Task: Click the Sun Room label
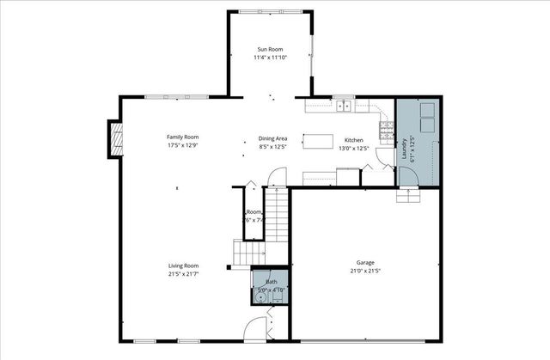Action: click(269, 49)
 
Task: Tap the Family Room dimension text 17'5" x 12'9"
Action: click(182, 146)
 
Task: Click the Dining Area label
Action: click(272, 138)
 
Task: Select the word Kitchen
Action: click(355, 140)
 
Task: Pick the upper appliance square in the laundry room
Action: click(427, 113)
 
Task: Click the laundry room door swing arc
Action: click(407, 177)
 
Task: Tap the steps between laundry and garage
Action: click(408, 195)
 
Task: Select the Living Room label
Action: click(183, 265)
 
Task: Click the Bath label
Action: click(272, 282)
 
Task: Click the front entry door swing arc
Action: click(257, 327)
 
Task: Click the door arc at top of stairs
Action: click(277, 179)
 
